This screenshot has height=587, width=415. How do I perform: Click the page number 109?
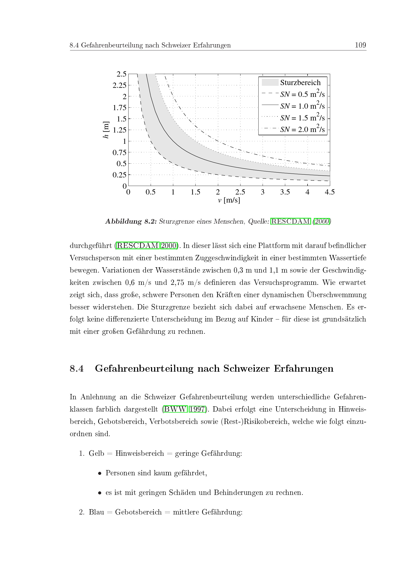point(360,45)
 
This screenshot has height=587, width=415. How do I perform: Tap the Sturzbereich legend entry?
point(300,83)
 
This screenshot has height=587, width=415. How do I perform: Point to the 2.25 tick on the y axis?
point(120,85)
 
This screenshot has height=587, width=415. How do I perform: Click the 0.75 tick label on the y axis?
point(120,153)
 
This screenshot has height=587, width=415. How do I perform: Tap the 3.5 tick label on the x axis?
point(285,192)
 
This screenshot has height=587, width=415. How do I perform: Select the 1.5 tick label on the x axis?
point(195,192)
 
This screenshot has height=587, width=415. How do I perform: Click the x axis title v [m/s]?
point(229,200)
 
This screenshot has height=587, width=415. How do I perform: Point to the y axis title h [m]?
point(106,130)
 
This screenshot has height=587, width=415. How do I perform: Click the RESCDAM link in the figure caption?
point(290,221)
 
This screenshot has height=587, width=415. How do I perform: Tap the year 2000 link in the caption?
point(322,221)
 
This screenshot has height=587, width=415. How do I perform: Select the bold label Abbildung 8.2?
point(131,221)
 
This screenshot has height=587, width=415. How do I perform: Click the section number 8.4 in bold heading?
point(77,369)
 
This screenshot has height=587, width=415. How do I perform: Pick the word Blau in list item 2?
point(96,512)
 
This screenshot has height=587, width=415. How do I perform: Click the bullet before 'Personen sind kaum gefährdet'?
point(100,474)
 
